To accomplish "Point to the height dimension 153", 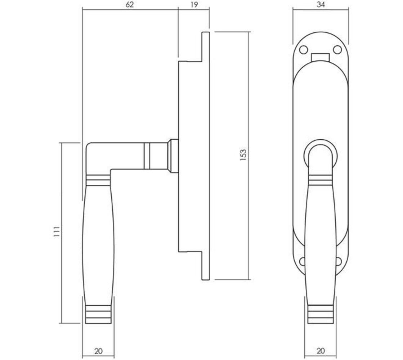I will click(x=243, y=155).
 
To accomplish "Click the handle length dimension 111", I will click(x=56, y=232).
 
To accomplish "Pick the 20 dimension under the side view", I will click(x=98, y=351).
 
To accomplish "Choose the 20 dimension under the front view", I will click(x=321, y=351).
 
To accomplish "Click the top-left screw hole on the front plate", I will click(x=304, y=49).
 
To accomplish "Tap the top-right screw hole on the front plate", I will click(x=337, y=49).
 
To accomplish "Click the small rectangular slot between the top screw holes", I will click(x=321, y=57).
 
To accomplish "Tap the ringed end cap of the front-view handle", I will click(x=321, y=314).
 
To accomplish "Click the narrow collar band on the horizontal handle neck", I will click(x=147, y=156).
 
